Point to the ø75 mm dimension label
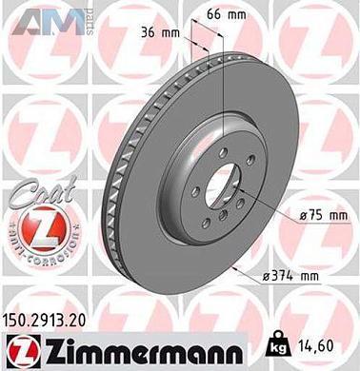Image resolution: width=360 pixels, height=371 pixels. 323,216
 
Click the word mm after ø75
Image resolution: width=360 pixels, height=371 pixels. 337,216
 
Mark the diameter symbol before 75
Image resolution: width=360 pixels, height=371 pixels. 302,216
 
